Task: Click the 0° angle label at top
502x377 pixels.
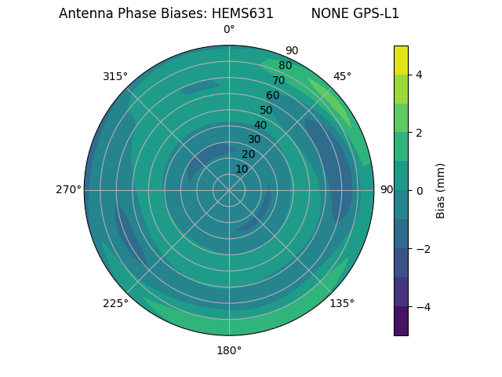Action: (x=229, y=30)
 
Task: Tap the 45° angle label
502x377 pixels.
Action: (x=342, y=76)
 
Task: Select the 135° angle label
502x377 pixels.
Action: (x=342, y=303)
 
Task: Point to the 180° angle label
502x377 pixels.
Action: (x=229, y=350)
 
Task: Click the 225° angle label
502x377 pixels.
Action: (x=115, y=303)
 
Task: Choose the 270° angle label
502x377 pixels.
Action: (x=68, y=189)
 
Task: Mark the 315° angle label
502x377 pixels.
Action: (x=115, y=76)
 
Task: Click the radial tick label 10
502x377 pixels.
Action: (x=242, y=169)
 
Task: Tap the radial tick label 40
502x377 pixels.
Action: (x=260, y=125)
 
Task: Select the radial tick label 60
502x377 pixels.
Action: (x=273, y=96)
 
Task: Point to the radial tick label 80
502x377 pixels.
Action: (x=286, y=66)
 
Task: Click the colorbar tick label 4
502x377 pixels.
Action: (x=420, y=75)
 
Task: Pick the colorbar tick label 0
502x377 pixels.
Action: (x=420, y=190)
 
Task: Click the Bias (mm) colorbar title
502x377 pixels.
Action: (x=441, y=190)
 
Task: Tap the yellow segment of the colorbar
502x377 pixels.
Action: (x=401, y=60)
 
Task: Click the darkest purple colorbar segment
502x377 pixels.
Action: (x=401, y=320)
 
